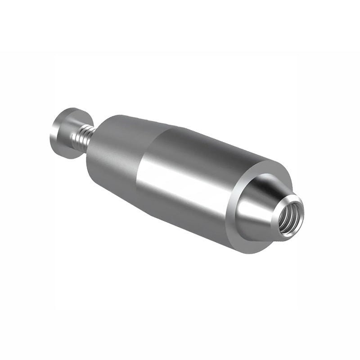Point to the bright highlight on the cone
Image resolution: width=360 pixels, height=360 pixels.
click(x=252, y=211)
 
